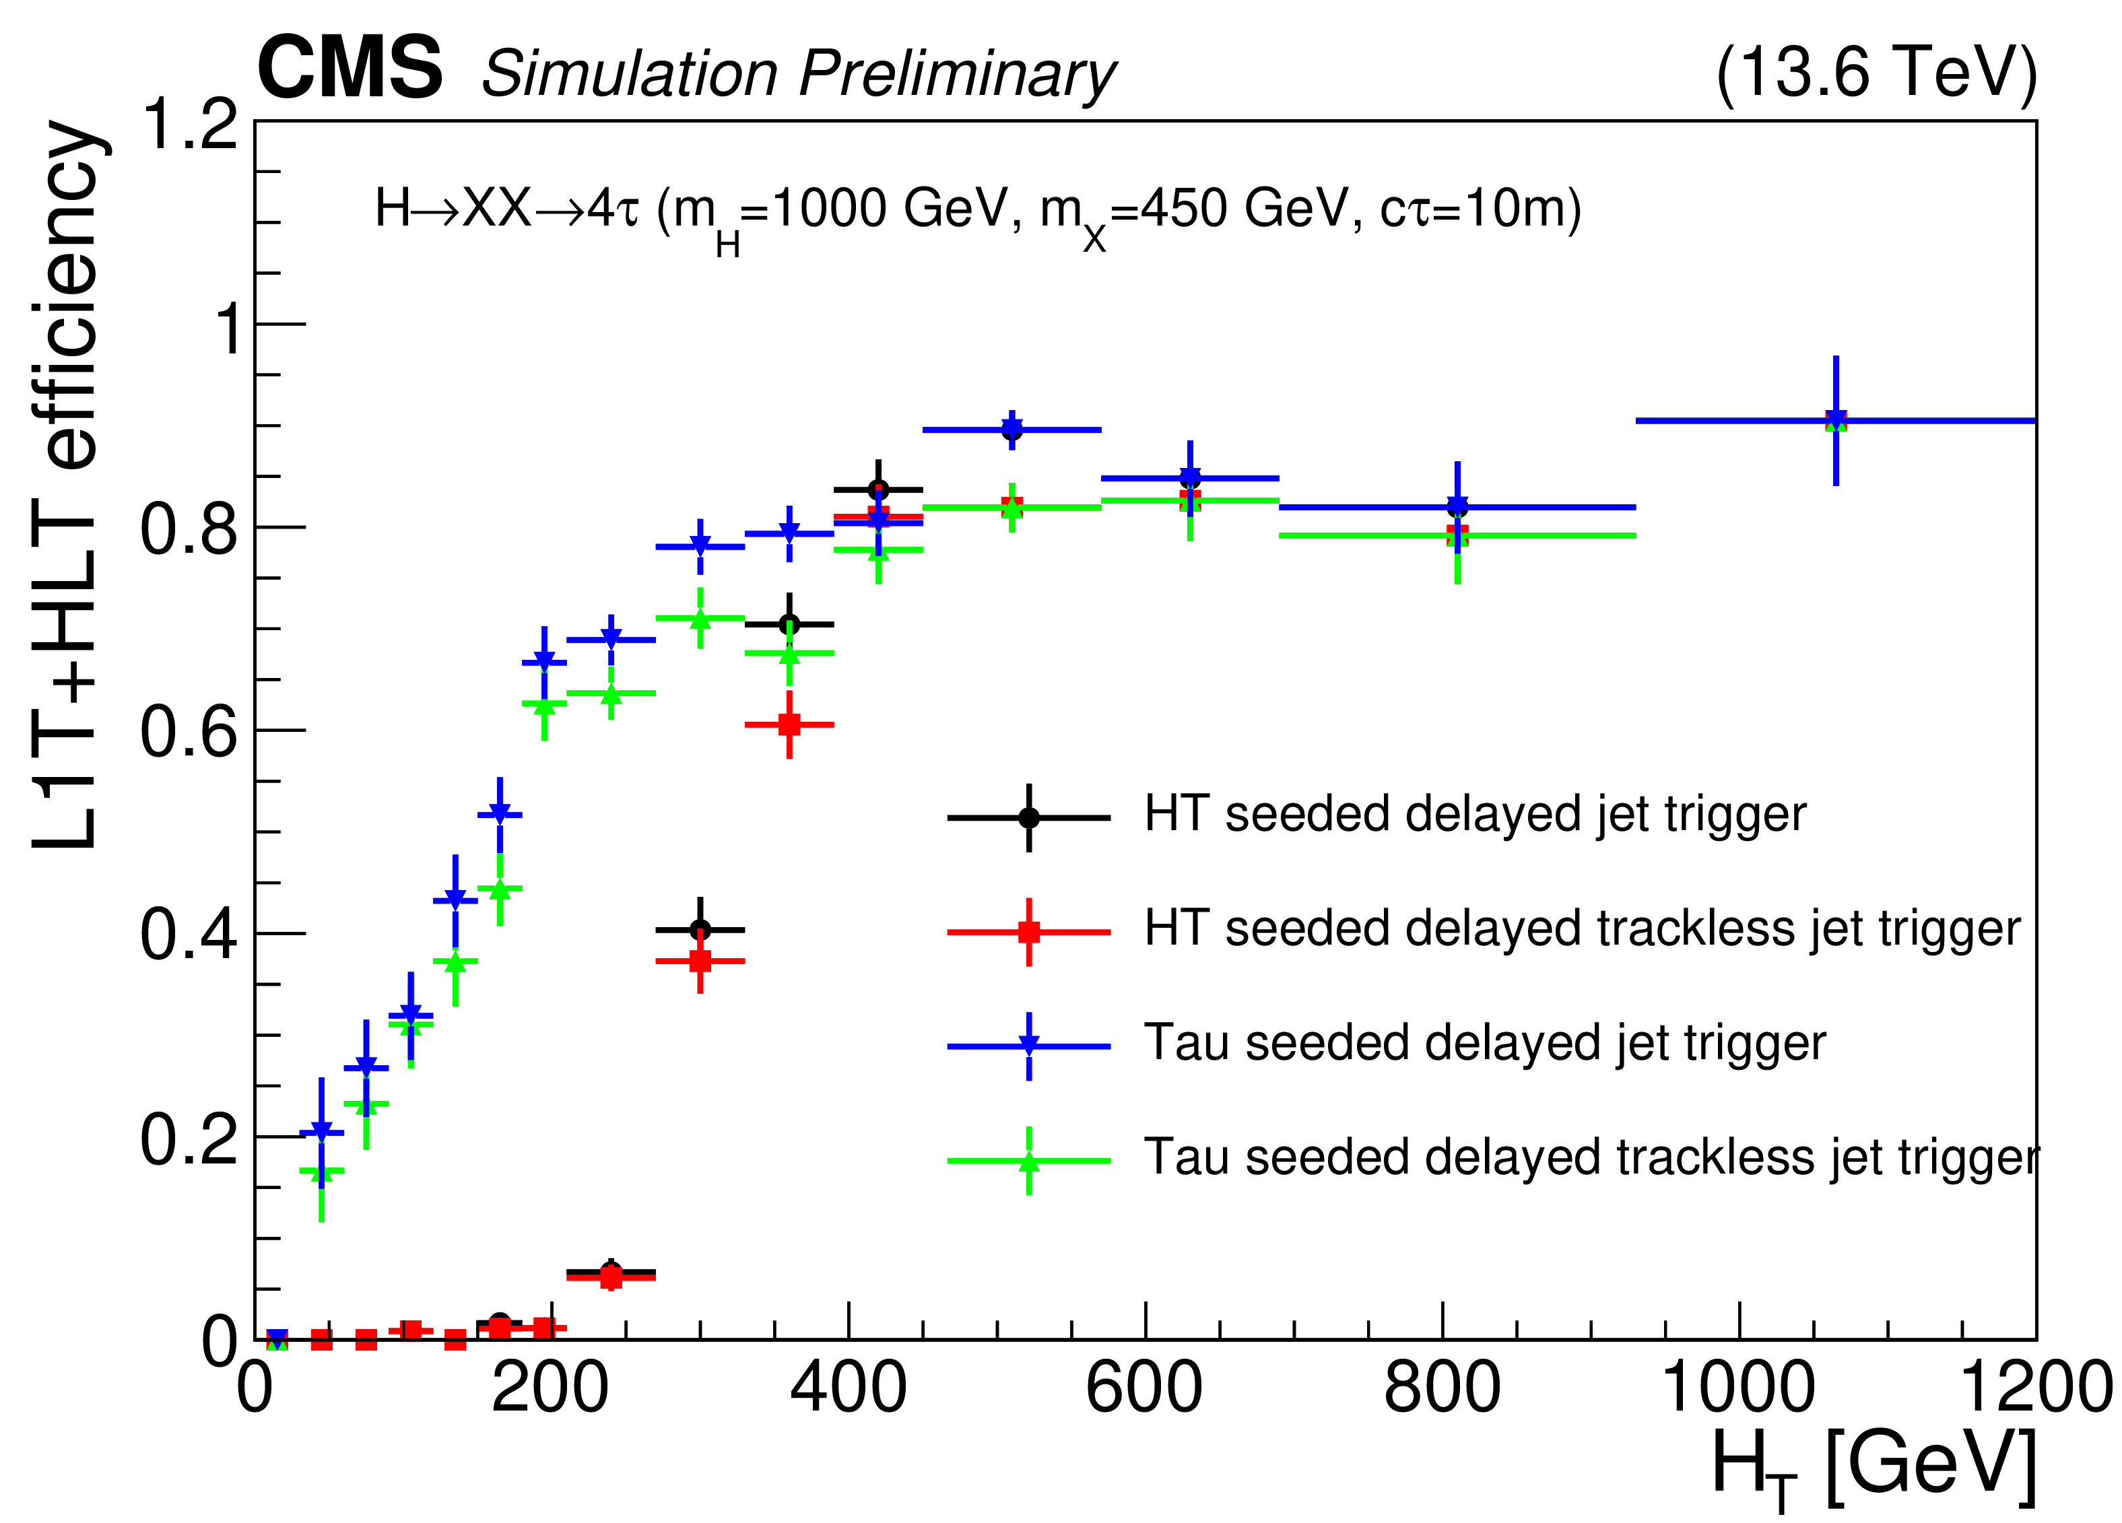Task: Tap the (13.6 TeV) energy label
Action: coord(1876,72)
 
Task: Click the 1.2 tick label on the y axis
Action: coord(189,125)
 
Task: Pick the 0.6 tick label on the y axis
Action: coord(189,732)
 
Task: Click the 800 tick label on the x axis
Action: coord(1442,1388)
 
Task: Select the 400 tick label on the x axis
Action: coord(848,1388)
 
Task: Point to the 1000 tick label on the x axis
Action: coord(1737,1388)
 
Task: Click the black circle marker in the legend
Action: coord(1028,817)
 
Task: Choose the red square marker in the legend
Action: coord(1028,932)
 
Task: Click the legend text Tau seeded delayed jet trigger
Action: coord(1484,1043)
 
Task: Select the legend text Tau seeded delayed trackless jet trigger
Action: coord(1591,1158)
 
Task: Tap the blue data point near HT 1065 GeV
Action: coord(1836,420)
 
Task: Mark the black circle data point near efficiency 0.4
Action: coord(700,929)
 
